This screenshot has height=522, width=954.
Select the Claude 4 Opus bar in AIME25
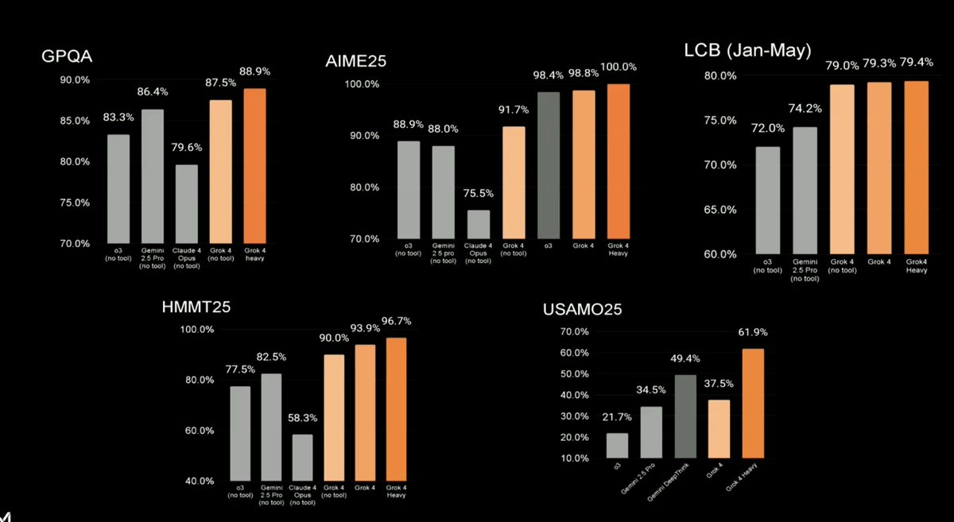click(x=478, y=224)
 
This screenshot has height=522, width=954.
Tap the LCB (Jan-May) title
click(x=747, y=52)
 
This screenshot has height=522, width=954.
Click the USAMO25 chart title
click(x=583, y=310)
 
